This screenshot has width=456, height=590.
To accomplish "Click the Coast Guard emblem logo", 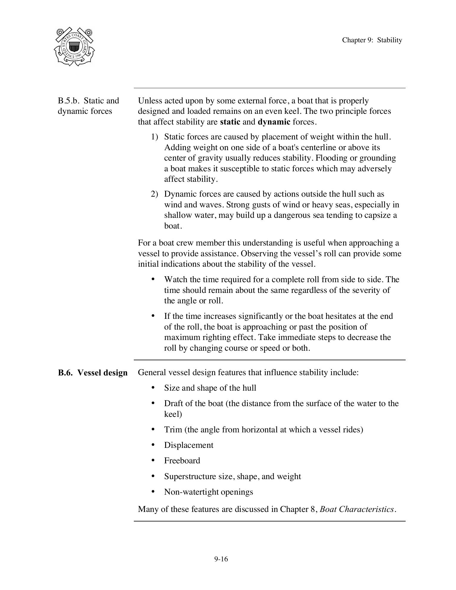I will coord(74,47).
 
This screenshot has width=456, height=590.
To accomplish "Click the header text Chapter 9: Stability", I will coord(372,40).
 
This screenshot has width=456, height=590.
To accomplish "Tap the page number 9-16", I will coord(221,559).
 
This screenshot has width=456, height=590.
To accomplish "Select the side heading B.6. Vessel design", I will coord(93,373).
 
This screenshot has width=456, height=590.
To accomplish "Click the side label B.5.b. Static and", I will coord(89,101).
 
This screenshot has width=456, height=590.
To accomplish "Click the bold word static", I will coord(230,122).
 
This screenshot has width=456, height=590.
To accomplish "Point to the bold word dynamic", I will coord(274,122).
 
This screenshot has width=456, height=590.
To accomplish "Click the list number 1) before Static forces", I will coord(154,137).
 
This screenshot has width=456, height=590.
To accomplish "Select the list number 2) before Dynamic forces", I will coord(154,194).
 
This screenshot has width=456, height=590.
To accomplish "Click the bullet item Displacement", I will coord(189,445).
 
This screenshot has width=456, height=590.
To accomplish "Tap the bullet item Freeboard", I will coord(182,461).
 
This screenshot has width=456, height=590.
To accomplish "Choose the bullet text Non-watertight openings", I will coord(208,492).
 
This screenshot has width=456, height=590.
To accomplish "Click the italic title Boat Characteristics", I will coord(357,509).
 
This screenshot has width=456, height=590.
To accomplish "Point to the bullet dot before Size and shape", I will coord(153,387).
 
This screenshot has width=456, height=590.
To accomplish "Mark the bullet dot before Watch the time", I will coord(153,279).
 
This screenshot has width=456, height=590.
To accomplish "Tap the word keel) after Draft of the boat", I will coord(173,414).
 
